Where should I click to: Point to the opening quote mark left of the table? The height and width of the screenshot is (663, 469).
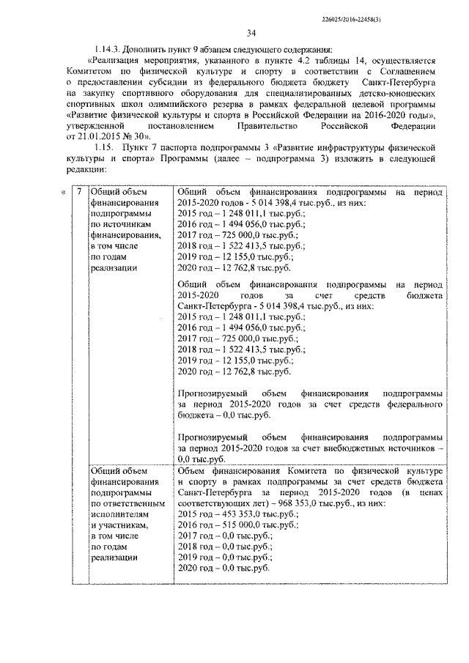click(62, 193)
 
